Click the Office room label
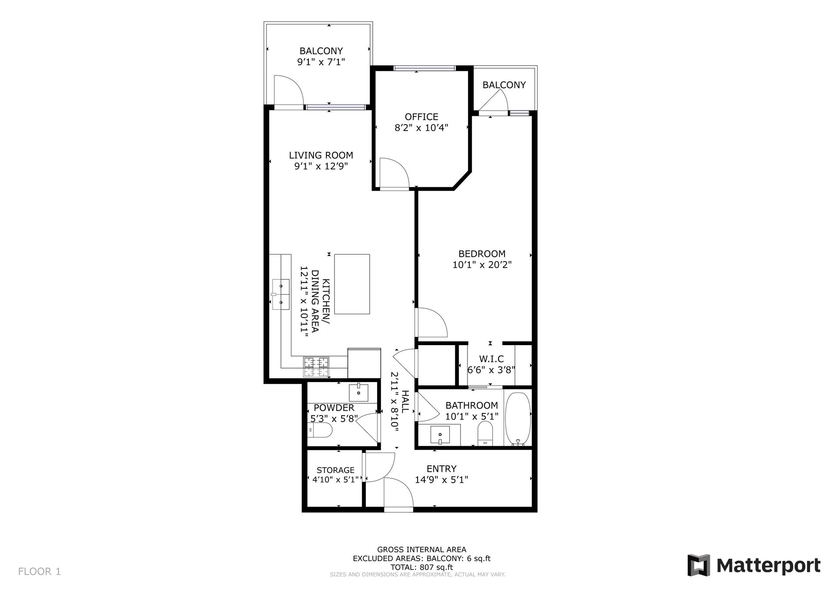pyautogui.click(x=421, y=117)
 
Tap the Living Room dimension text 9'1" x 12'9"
pyautogui.click(x=321, y=166)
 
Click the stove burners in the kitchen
pyautogui.click(x=316, y=366)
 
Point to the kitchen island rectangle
pyautogui.click(x=352, y=284)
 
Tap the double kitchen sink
pyautogui.click(x=281, y=294)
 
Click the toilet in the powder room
pyautogui.click(x=320, y=431)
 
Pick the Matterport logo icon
pyautogui.click(x=698, y=565)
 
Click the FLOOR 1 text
pyautogui.click(x=40, y=571)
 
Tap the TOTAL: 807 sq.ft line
pyautogui.click(x=421, y=567)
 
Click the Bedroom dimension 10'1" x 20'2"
pyautogui.click(x=482, y=265)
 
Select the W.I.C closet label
pyautogui.click(x=491, y=359)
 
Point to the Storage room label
pyautogui.click(x=335, y=470)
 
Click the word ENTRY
pyautogui.click(x=441, y=469)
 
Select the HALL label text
pyautogui.click(x=405, y=402)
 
